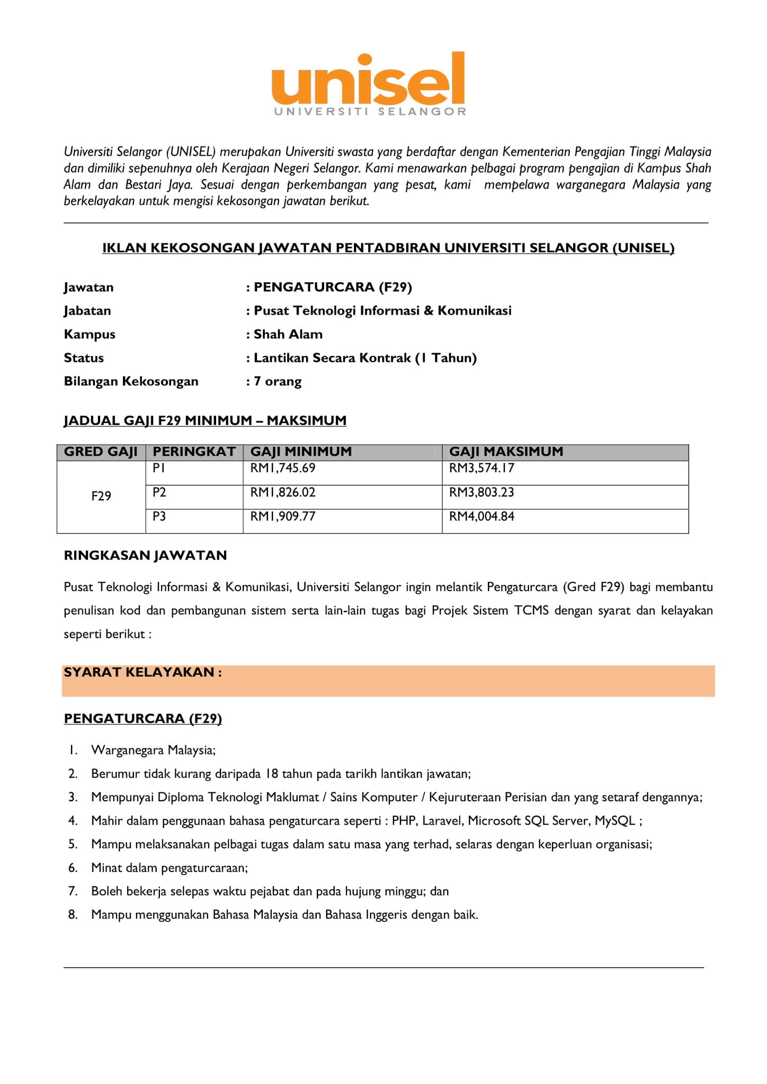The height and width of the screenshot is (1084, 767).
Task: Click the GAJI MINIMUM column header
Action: (x=301, y=451)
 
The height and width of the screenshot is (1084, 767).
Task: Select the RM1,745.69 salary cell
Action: (x=283, y=468)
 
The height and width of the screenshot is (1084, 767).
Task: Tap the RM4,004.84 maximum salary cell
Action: (x=481, y=516)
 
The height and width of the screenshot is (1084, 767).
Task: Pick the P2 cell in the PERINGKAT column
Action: (x=159, y=492)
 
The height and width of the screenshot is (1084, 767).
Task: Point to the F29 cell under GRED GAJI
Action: (x=101, y=496)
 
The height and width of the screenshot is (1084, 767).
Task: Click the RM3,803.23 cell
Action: (x=481, y=492)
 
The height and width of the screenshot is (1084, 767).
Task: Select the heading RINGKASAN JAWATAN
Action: (x=145, y=555)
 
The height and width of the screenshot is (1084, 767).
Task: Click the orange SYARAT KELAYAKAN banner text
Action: (x=142, y=672)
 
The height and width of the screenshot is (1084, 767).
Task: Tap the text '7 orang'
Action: (x=278, y=381)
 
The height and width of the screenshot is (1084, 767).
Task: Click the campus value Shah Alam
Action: (x=288, y=334)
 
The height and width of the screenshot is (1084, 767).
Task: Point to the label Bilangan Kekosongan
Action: (x=131, y=381)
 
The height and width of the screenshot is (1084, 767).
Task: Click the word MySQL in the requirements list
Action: (x=614, y=820)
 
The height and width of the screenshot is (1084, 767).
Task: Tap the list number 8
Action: (x=73, y=914)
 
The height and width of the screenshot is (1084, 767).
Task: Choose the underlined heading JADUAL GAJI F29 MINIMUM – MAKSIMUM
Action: (x=205, y=420)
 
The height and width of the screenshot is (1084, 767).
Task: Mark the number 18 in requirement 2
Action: (x=272, y=773)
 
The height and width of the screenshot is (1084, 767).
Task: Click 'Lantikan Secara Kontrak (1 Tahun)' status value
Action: (x=365, y=358)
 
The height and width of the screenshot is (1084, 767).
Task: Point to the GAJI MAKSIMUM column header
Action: (x=506, y=451)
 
